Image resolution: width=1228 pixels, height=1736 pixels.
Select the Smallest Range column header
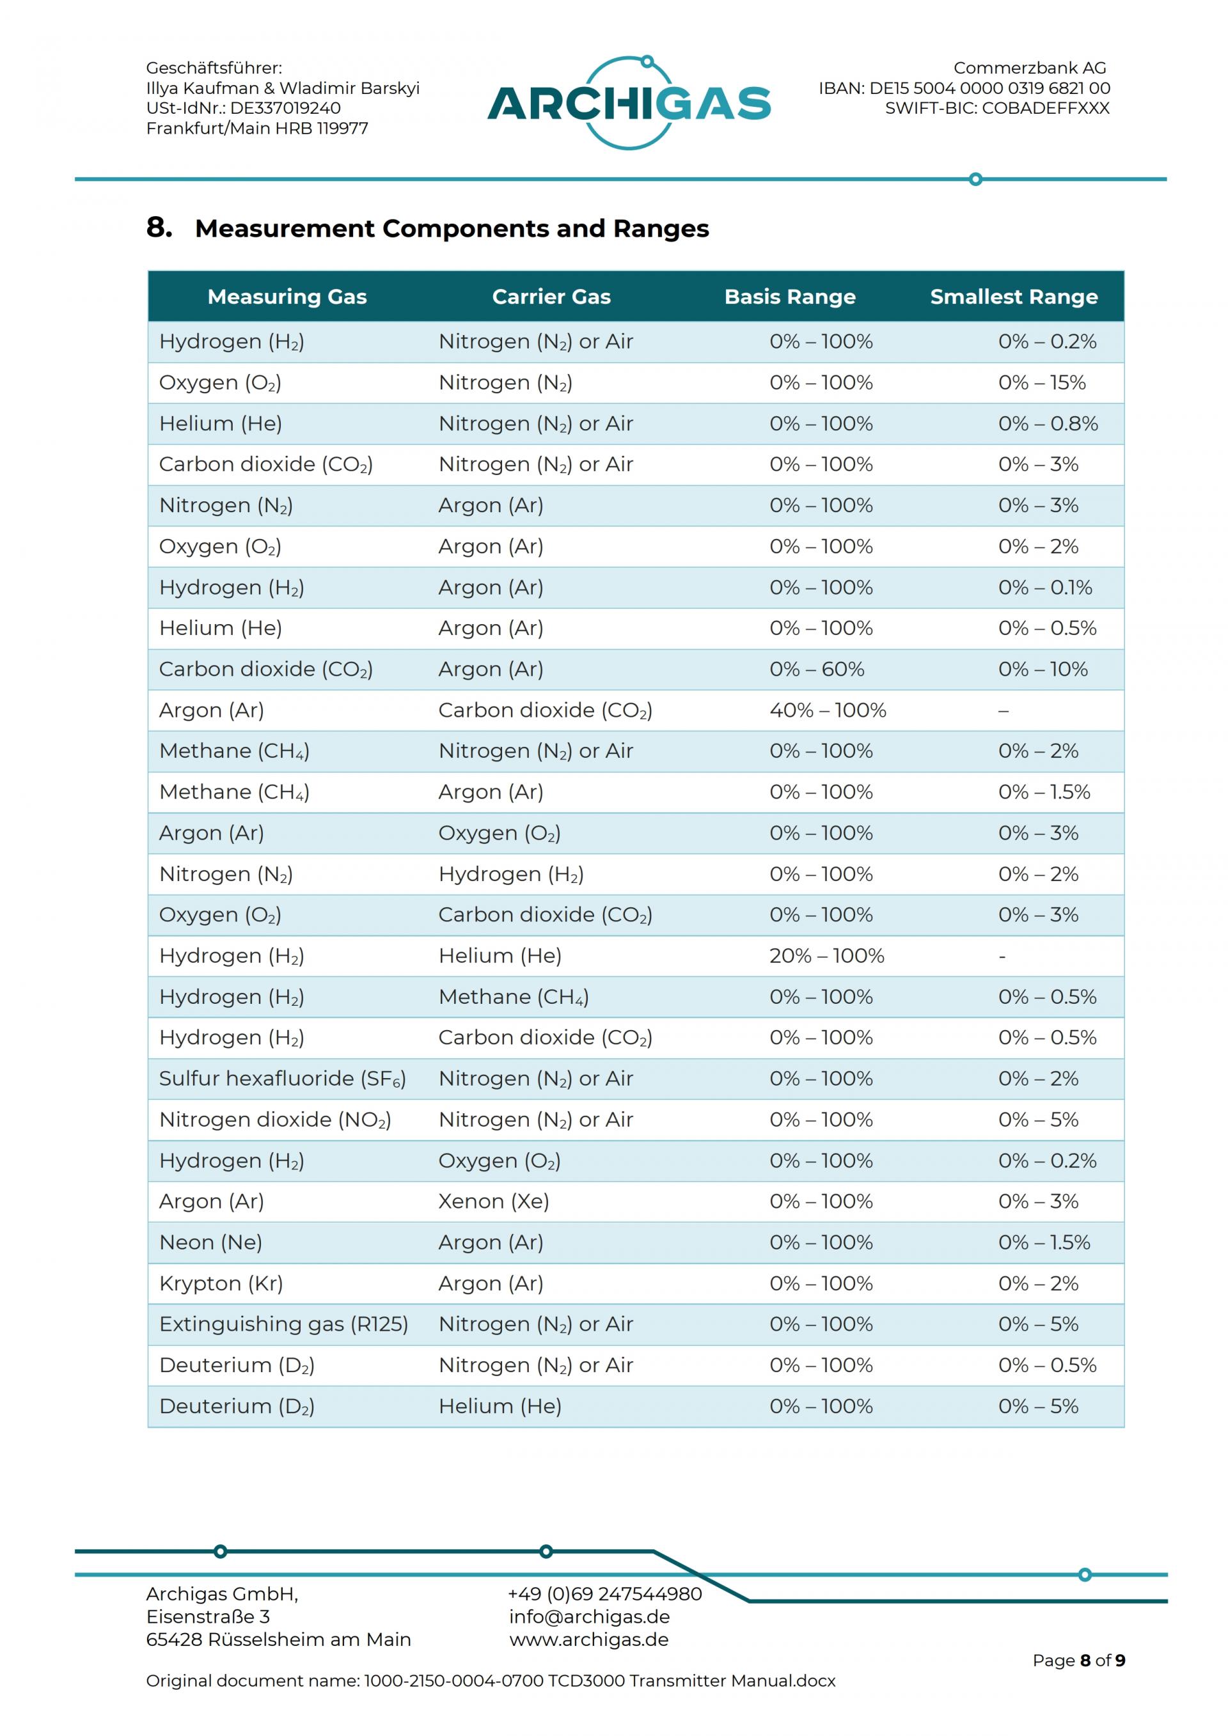1013,297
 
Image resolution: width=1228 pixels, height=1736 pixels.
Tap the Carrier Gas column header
551,297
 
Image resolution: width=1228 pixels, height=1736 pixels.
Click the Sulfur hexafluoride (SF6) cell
282,1078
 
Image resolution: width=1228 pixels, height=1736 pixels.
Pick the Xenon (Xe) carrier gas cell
494,1201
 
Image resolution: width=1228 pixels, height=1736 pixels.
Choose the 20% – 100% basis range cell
826,956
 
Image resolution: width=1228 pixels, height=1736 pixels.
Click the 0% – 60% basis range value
817,669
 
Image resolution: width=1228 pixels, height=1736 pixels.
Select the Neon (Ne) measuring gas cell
210,1242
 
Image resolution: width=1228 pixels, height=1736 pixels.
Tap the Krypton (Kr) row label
221,1283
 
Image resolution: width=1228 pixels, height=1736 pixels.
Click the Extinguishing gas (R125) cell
283,1324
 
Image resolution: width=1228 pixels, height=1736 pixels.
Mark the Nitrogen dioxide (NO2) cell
274,1119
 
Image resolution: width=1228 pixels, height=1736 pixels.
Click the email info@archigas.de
590,1616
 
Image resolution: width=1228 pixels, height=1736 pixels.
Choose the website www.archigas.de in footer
589,1639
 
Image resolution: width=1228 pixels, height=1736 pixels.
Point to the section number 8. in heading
159,227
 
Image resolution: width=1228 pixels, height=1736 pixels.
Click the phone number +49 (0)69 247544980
605,1594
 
